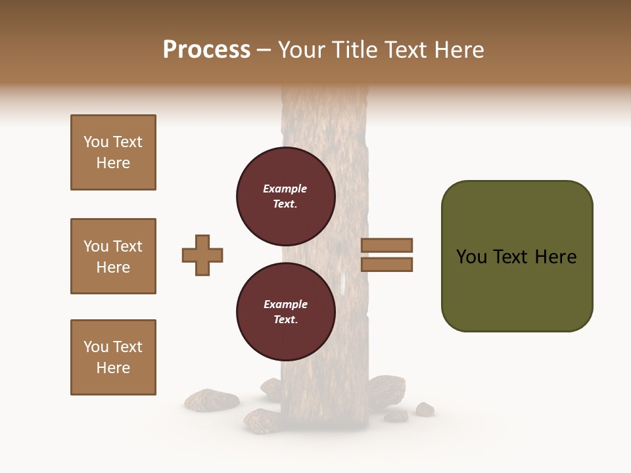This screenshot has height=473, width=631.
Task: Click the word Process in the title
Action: (206, 50)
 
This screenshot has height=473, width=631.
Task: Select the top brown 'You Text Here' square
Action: (113, 152)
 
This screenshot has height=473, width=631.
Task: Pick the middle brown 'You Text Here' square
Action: (113, 256)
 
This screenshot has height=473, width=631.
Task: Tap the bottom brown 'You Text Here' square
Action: (113, 357)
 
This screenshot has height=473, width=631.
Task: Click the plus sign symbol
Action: (202, 255)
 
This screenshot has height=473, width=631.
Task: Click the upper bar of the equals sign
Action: (386, 246)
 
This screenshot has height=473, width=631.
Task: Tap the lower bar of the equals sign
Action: (386, 264)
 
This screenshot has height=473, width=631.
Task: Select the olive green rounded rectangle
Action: (517, 289)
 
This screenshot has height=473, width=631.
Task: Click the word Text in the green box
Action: (514, 257)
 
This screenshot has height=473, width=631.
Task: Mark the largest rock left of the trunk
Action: (211, 398)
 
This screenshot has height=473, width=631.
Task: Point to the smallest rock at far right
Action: (425, 409)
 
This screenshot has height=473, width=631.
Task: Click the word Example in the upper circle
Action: (285, 189)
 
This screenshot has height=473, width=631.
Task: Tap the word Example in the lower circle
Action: (285, 304)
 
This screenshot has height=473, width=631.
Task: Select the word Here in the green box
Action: (555, 257)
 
